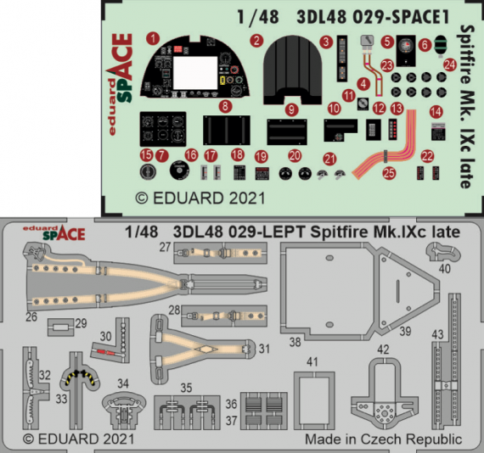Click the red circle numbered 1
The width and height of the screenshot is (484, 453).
[x=153, y=39]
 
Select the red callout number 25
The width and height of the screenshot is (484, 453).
[x=390, y=173]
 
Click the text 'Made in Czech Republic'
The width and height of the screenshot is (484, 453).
[x=383, y=439]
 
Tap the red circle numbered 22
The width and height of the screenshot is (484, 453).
[x=428, y=155]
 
